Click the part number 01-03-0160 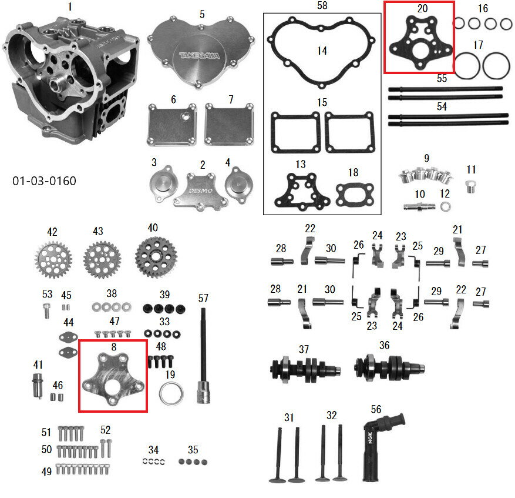point(44,181)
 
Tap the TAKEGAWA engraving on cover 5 point(200,56)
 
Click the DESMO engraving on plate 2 point(200,190)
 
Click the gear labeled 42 point(53,259)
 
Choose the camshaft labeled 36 point(389,367)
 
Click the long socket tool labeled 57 point(203,356)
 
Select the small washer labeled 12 point(445,206)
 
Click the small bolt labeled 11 point(470,186)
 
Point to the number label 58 point(322,6)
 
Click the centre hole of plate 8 point(114,387)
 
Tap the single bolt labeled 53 point(47,311)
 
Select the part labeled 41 point(38,385)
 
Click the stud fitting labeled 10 point(419,207)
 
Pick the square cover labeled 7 point(229,124)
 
